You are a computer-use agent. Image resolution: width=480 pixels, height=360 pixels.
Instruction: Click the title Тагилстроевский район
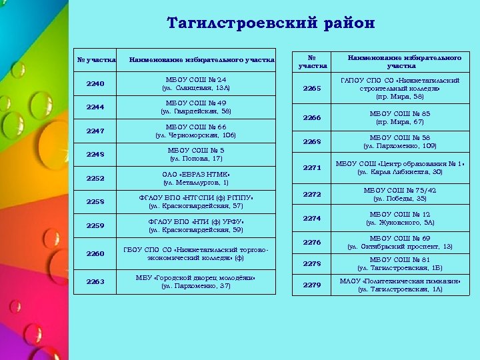click(271, 23)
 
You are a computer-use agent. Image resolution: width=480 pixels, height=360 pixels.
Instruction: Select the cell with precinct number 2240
click(95, 83)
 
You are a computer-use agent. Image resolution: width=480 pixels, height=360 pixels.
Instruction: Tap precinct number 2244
click(95, 107)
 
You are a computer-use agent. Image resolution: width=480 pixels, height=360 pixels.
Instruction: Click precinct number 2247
click(95, 131)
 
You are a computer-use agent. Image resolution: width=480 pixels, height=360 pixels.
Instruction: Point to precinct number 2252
click(95, 178)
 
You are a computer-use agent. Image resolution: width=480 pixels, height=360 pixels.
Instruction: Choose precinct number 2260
click(95, 253)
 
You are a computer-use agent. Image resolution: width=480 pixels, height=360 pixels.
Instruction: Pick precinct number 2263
click(95, 281)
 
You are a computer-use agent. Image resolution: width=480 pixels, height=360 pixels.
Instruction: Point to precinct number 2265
click(312, 89)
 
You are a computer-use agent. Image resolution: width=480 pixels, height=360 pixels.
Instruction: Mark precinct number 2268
click(312, 141)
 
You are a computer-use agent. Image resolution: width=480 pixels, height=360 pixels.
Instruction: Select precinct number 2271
click(312, 168)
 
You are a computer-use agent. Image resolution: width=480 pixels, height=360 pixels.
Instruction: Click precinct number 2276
click(312, 242)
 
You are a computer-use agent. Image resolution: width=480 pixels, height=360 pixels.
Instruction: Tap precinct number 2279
click(312, 285)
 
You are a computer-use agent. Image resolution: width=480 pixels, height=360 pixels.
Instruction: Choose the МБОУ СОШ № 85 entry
click(400, 118)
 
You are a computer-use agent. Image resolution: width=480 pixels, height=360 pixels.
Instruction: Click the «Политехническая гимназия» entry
click(400, 285)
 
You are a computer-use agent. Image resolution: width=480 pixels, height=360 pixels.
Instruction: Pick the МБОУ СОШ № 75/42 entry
click(400, 194)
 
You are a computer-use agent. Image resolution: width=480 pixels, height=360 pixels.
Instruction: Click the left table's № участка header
click(95, 61)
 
